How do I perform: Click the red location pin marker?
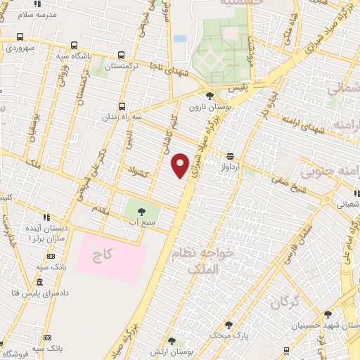coord(181,165)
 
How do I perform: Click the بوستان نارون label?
coord(209,107)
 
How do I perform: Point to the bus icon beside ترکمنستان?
coord(122,56)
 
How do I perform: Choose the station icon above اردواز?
coord(230,156)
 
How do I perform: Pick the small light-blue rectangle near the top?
coord(180,38)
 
